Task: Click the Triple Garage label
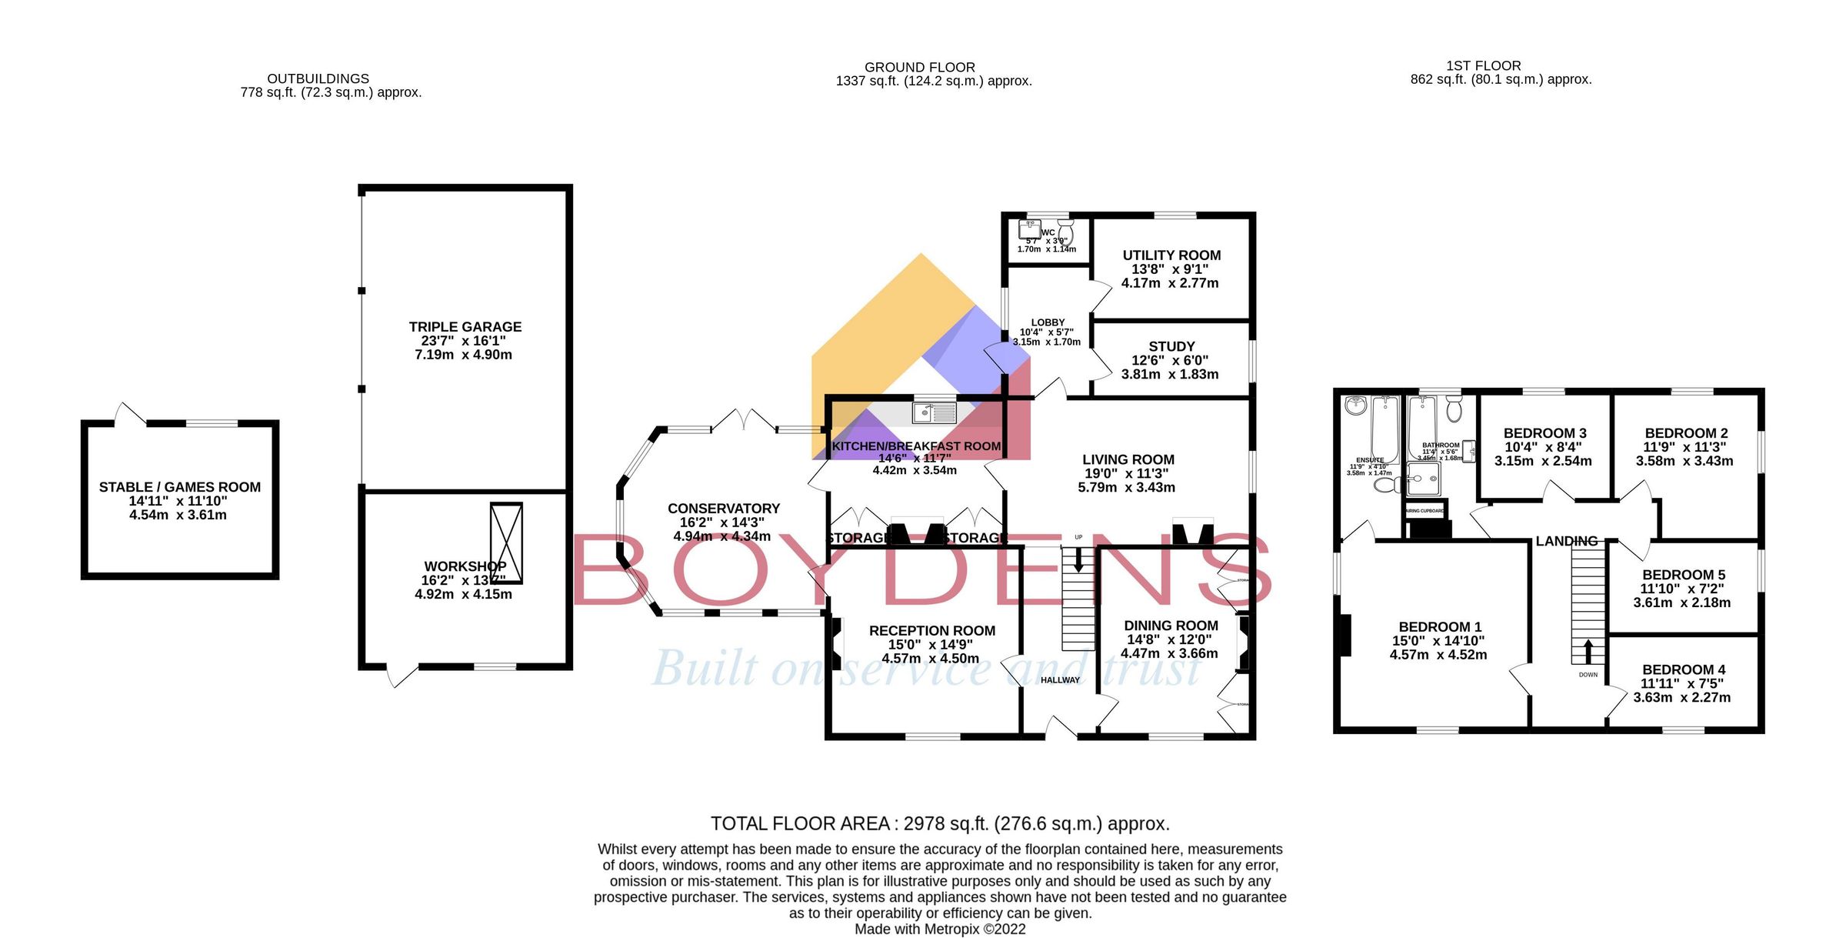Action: tap(465, 327)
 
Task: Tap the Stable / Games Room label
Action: tap(179, 487)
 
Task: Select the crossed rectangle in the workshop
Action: tap(506, 542)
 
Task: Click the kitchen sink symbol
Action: tap(934, 413)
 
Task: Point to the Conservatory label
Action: tap(723, 509)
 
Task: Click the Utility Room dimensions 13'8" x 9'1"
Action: tap(1170, 269)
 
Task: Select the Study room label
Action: tap(1171, 347)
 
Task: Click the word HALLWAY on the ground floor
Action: tap(1060, 680)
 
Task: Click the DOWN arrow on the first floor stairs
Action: tap(1588, 652)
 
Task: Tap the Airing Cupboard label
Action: tap(1424, 511)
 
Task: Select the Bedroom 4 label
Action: tap(1683, 670)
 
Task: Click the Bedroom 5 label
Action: tap(1683, 575)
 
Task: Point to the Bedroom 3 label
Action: tap(1544, 433)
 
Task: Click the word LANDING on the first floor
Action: tap(1566, 542)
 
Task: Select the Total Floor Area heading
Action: tap(939, 824)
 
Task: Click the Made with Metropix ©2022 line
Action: tap(940, 929)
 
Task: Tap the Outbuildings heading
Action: tap(318, 78)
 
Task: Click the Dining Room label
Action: tap(1171, 626)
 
